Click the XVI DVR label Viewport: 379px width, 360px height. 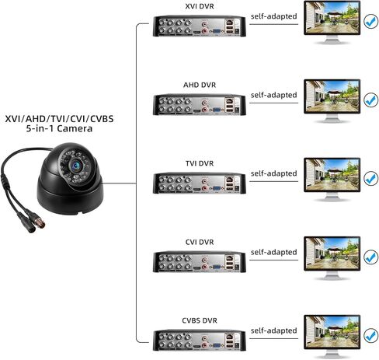click(x=200, y=6)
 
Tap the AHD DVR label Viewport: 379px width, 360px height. click(x=200, y=85)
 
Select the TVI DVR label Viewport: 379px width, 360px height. click(x=200, y=163)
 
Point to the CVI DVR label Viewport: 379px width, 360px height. click(x=200, y=243)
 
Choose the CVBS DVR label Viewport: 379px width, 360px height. click(x=200, y=320)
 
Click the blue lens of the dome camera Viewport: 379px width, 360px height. click(x=76, y=165)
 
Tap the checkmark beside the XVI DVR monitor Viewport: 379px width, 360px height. click(x=370, y=22)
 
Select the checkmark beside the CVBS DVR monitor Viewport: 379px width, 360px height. click(x=370, y=335)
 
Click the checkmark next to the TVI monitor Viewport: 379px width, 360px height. click(x=370, y=178)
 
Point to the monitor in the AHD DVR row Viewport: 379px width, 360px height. click(x=332, y=100)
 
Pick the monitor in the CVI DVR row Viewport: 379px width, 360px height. click(x=332, y=257)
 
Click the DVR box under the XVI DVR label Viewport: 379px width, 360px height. click(x=200, y=26)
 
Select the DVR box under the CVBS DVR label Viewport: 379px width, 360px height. click(x=200, y=341)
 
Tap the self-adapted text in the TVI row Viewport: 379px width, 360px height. click(x=273, y=173)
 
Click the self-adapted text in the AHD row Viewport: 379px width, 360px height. click(x=273, y=95)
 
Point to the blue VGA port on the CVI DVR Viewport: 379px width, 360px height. click(x=217, y=267)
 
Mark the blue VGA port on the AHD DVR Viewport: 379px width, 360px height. click(x=217, y=110)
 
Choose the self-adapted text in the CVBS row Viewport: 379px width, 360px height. click(x=273, y=330)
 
